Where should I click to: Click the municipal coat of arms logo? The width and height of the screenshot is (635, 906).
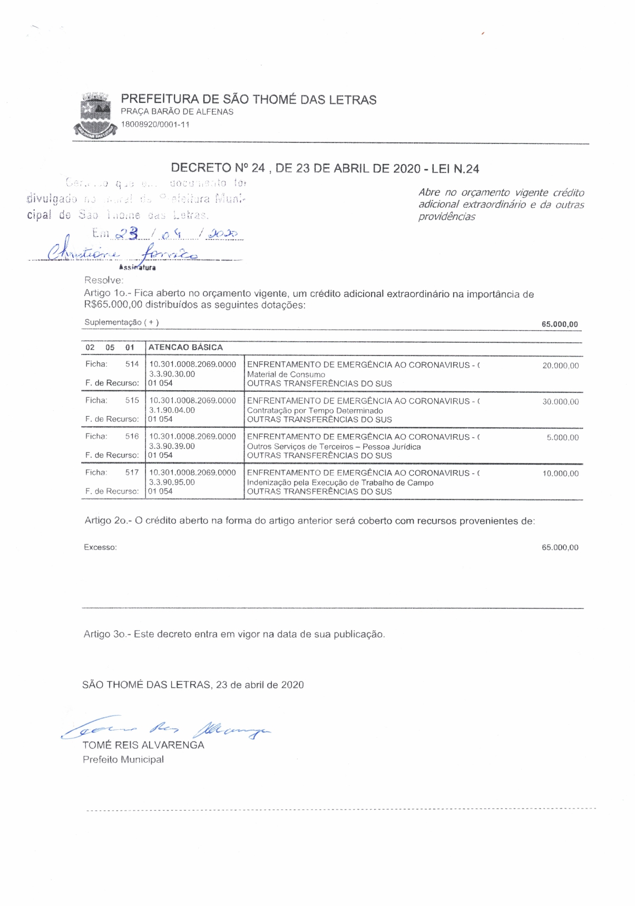95,115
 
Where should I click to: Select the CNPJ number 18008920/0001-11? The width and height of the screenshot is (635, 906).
155,124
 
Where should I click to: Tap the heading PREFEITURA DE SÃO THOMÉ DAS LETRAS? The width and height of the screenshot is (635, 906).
248,100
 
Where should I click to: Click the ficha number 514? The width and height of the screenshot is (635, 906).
132,364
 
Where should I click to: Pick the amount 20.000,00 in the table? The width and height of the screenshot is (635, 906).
560,366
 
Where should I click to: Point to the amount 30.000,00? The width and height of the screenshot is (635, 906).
560,402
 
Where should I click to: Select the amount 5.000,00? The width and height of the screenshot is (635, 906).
562,438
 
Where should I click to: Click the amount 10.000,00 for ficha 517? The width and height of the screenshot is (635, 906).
560,474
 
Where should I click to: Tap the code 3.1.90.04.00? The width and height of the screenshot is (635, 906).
172,410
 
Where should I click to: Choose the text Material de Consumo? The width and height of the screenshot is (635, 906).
286,374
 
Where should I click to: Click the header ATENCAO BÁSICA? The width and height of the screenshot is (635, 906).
185,348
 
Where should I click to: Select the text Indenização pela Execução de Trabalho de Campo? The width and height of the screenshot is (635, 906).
340,483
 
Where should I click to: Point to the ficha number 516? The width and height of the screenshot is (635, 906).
132,436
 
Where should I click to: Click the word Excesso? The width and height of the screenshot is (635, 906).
100,547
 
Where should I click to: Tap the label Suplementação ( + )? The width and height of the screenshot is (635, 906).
121,322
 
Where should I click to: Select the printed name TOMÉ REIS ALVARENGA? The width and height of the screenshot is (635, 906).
143,745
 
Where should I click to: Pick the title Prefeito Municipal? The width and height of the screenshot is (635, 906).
123,759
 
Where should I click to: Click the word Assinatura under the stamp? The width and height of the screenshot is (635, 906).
137,267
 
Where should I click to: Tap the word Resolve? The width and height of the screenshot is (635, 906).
103,280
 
